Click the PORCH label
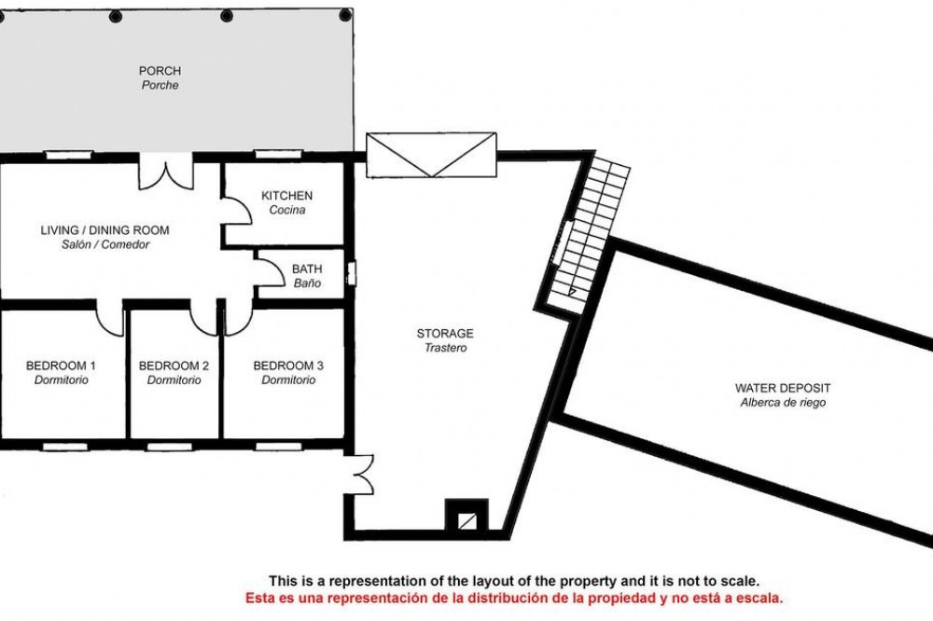pyautogui.click(x=160, y=71)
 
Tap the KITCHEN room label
pyautogui.click(x=286, y=196)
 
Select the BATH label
pyautogui.click(x=307, y=269)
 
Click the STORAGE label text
pyautogui.click(x=445, y=334)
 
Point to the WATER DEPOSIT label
pyautogui.click(x=783, y=389)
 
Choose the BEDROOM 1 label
pyautogui.click(x=61, y=366)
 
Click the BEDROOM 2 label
pyautogui.click(x=174, y=366)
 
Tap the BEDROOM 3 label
pyautogui.click(x=288, y=366)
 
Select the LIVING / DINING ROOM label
pyautogui.click(x=104, y=230)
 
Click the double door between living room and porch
pyautogui.click(x=166, y=172)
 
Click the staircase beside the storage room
pyautogui.click(x=588, y=232)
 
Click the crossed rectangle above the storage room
pyautogui.click(x=431, y=155)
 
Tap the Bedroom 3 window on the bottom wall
pyautogui.click(x=279, y=446)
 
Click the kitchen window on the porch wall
pyautogui.click(x=278, y=155)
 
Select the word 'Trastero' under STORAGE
pyautogui.click(x=445, y=348)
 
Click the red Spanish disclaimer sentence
pyautogui.click(x=514, y=599)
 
